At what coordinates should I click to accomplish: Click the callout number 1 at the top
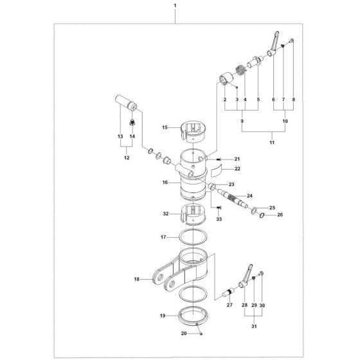tap(175, 5)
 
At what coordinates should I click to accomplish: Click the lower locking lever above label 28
tap(247, 276)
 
